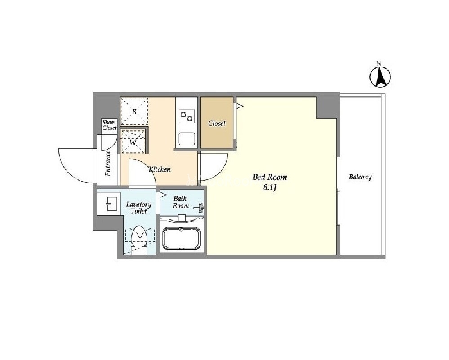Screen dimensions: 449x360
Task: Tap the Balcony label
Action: [360, 177]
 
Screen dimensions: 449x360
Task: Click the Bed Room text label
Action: [270, 177]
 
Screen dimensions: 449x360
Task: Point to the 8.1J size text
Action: [270, 187]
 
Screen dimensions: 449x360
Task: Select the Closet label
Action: [217, 124]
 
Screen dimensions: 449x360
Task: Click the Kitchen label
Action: [160, 169]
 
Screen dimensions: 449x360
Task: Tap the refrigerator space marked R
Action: [134, 111]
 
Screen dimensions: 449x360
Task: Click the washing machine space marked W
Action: [133, 142]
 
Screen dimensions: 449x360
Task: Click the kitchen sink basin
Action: [187, 139]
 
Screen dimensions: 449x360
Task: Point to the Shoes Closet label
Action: [109, 125]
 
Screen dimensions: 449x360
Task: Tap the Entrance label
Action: [108, 163]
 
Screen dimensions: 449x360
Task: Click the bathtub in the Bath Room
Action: [181, 239]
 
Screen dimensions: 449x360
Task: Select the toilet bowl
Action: [139, 237]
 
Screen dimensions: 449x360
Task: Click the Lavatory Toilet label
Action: [138, 208]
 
